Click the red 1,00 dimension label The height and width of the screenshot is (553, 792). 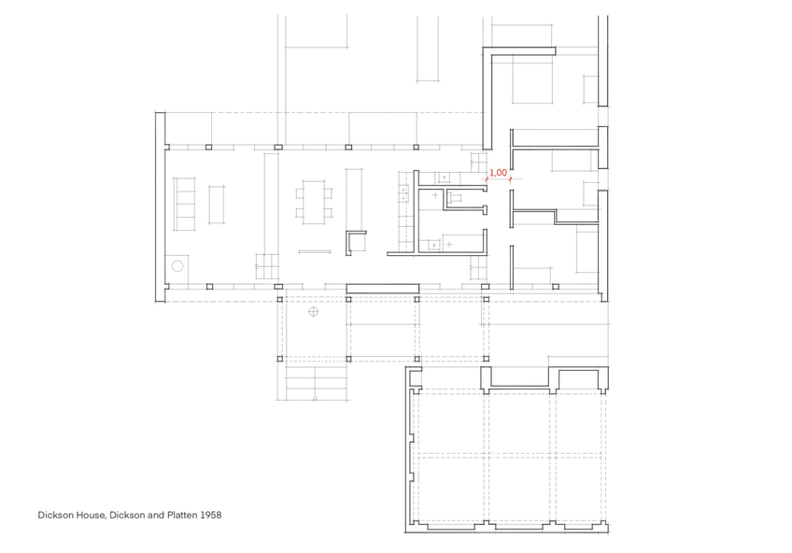(x=498, y=173)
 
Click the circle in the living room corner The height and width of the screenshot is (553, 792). (x=177, y=266)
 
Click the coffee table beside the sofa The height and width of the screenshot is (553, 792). (x=217, y=205)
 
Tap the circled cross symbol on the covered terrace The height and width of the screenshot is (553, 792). (x=313, y=311)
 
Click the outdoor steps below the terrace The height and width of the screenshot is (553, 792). (x=315, y=381)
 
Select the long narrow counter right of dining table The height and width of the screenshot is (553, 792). (x=355, y=199)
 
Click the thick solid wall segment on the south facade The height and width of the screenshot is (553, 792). (x=382, y=287)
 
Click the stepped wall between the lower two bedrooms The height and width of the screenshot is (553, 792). (x=556, y=217)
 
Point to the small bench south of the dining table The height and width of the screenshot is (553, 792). (x=313, y=250)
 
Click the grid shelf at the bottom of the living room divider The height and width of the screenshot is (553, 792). (x=267, y=268)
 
